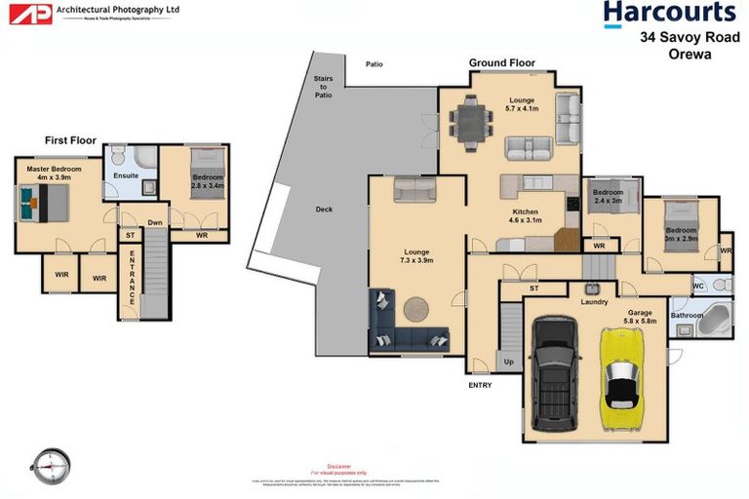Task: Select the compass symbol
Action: pos(51,464)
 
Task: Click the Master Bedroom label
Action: pos(47,173)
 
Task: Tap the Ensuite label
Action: pos(126,175)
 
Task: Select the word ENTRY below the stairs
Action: pos(480,385)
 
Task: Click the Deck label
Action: pos(324,210)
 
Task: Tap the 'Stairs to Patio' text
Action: pos(323,88)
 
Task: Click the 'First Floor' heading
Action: pos(70,140)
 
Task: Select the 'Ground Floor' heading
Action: pos(501,63)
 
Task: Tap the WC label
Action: pos(698,286)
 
